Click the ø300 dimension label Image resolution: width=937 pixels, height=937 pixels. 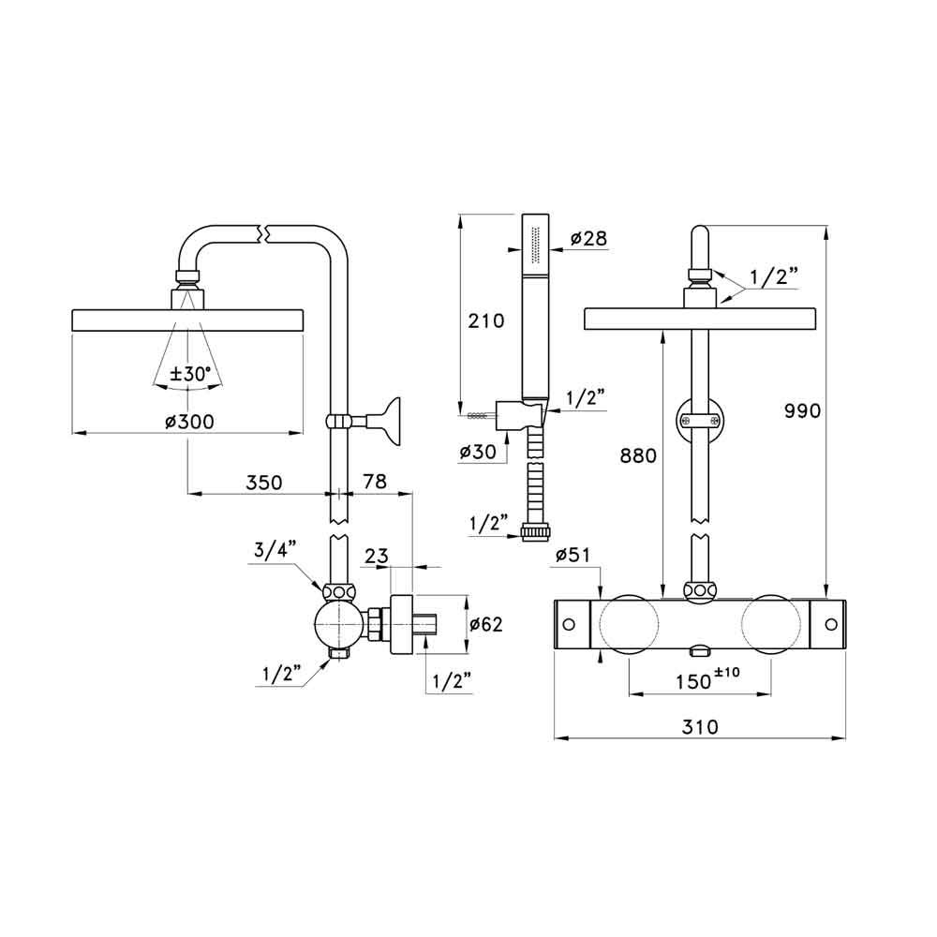point(189,422)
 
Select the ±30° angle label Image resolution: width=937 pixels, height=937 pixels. point(190,375)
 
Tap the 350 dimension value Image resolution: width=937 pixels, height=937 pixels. point(263,483)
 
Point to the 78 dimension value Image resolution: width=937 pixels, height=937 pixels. point(375,481)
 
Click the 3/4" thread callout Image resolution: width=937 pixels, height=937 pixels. point(275,550)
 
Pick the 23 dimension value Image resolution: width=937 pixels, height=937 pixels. point(377,556)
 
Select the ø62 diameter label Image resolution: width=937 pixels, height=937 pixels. point(485,624)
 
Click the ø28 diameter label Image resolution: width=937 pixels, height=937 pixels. point(588,238)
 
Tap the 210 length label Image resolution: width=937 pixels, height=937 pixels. point(485,320)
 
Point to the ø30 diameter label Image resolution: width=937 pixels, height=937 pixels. point(478,452)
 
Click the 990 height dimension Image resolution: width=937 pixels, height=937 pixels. point(803,410)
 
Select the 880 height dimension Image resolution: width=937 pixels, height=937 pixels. point(638,455)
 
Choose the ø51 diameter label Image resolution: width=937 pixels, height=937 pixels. point(573,555)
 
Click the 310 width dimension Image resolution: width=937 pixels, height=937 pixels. point(700,727)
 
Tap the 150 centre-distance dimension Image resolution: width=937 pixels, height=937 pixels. point(707,678)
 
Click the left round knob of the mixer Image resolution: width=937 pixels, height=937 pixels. point(630,624)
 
